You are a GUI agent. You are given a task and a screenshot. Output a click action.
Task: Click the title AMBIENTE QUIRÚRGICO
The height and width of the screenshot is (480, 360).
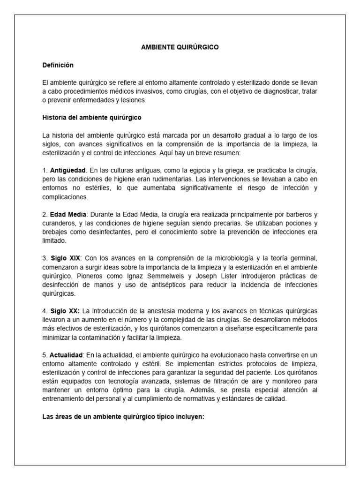[x=180, y=48]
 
